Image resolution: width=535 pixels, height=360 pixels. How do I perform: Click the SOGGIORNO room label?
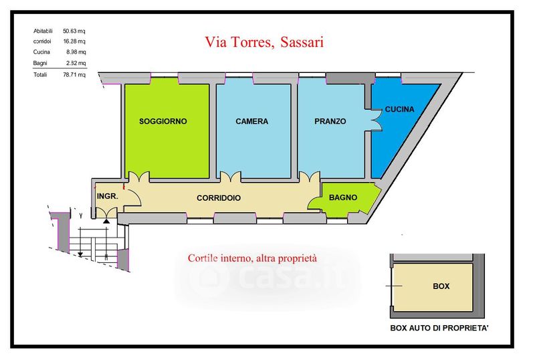coord(163,121)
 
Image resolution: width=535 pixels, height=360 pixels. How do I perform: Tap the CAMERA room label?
coord(252,121)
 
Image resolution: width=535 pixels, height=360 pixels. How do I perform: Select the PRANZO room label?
coord(330,121)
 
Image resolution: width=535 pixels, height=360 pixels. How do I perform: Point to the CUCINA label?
coord(399,109)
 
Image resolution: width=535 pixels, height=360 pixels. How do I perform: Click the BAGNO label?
coord(343,197)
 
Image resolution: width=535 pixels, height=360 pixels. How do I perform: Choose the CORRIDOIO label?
coord(219,198)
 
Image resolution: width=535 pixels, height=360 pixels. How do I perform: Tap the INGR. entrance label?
coord(108,197)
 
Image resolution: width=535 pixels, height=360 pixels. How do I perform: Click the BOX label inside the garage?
coord(441,286)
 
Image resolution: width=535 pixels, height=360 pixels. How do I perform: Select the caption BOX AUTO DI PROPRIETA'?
coord(439,328)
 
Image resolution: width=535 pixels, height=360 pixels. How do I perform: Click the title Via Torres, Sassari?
coord(264,42)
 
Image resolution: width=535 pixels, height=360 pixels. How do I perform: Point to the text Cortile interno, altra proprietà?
coord(252,258)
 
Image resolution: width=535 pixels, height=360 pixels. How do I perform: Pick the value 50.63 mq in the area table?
coord(74,31)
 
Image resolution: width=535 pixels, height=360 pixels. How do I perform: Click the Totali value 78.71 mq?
coord(74,74)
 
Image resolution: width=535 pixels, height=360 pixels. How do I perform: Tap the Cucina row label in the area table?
coord(41,52)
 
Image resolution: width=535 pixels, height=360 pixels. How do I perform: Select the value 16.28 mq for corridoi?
coord(74,41)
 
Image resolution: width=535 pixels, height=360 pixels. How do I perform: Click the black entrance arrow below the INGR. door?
coord(106,221)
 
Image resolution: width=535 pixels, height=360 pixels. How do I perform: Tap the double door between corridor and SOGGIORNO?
coord(138,177)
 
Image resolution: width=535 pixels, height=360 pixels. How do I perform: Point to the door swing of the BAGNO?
coord(314,203)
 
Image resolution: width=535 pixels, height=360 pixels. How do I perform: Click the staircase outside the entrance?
coord(93,243)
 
